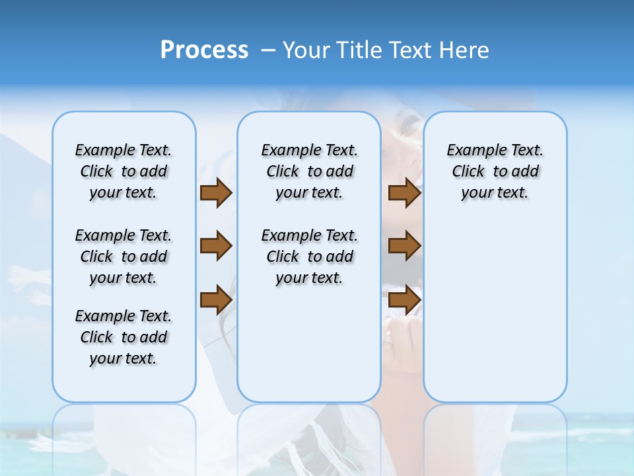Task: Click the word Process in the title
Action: (204, 50)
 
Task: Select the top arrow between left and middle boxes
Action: (216, 192)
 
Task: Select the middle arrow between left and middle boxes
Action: (216, 246)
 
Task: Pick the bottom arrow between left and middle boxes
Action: (216, 299)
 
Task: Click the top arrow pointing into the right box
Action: (404, 192)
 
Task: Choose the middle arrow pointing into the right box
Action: (404, 246)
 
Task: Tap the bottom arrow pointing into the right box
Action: (404, 299)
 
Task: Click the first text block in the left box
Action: (123, 171)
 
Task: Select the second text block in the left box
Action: (123, 257)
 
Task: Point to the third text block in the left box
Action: (123, 337)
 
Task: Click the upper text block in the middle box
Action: (309, 171)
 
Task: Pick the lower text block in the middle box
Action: (309, 257)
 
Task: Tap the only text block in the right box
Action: (495, 171)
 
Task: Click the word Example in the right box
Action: (472, 151)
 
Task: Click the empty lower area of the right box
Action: (495, 317)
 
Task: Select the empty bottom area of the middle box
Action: (309, 350)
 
